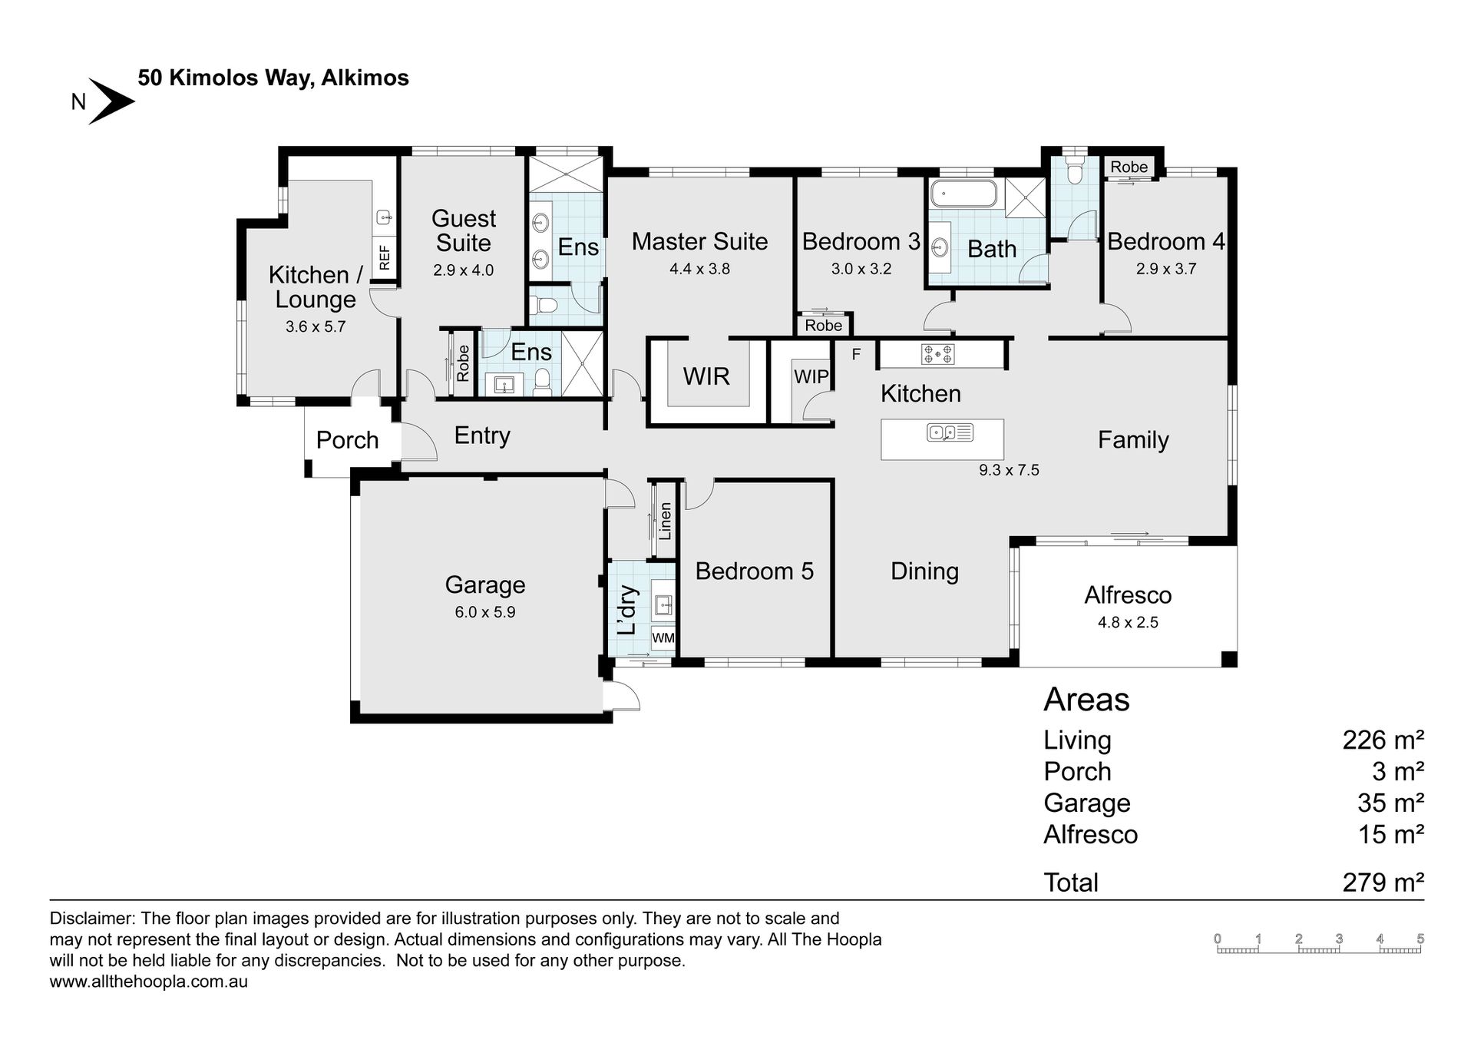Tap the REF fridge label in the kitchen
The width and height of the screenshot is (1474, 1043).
(x=385, y=256)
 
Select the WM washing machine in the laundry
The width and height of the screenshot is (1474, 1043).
(x=663, y=638)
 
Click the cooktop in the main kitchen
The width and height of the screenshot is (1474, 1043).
(x=938, y=354)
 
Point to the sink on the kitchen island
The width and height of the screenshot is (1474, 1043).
(x=950, y=432)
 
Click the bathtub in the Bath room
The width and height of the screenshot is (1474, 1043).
(x=963, y=194)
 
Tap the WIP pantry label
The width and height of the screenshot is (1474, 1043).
(x=811, y=377)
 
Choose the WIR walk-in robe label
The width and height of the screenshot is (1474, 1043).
(x=706, y=376)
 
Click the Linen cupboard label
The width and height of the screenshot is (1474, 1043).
(x=666, y=521)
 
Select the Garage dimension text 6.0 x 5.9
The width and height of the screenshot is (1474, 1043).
(x=484, y=612)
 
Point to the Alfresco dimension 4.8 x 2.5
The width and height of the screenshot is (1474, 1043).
(x=1128, y=622)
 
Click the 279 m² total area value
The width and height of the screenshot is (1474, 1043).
(x=1383, y=882)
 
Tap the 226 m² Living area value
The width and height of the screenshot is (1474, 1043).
(x=1383, y=740)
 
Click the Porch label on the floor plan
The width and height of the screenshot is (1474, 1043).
(x=348, y=440)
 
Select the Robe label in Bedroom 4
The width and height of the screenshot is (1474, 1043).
(x=1129, y=167)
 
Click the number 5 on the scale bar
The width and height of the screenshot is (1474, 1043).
(x=1420, y=939)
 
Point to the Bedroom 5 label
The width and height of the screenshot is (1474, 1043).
(x=755, y=571)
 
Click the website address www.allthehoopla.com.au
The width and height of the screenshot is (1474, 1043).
(x=149, y=982)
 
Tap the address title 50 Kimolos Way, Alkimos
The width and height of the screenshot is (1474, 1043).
(x=273, y=78)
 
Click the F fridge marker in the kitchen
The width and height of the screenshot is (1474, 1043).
(x=856, y=354)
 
